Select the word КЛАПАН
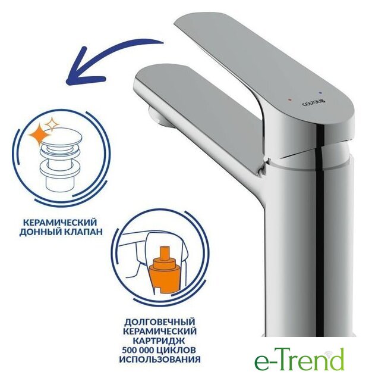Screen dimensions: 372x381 tap(83, 232)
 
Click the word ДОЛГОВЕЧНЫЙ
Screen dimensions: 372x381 tap(160, 322)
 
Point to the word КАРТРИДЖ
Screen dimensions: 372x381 tap(160, 341)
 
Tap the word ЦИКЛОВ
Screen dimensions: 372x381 tap(179, 350)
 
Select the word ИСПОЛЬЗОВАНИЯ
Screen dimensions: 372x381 tap(160, 359)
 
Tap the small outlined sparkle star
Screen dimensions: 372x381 tap(52, 124)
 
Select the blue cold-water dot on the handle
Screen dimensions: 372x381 tap(321, 93)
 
